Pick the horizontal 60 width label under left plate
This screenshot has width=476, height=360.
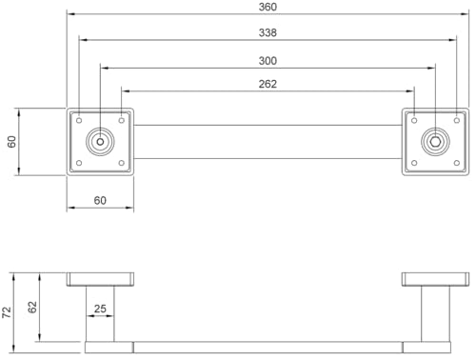click(100, 200)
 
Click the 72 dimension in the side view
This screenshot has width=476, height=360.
click(8, 311)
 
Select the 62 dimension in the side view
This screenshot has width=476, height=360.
click(33, 308)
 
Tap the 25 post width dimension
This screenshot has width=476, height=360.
click(100, 310)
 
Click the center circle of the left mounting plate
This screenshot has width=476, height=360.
click(100, 142)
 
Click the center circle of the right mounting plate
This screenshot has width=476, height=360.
click(435, 142)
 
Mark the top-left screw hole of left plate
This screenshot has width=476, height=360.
click(79, 120)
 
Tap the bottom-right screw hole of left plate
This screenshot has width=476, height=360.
click(122, 164)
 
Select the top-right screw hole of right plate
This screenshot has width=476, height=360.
click(457, 120)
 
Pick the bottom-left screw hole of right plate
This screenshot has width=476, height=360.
click(414, 164)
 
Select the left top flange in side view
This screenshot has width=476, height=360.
click(100, 279)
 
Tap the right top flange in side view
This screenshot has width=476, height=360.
click(435, 279)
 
